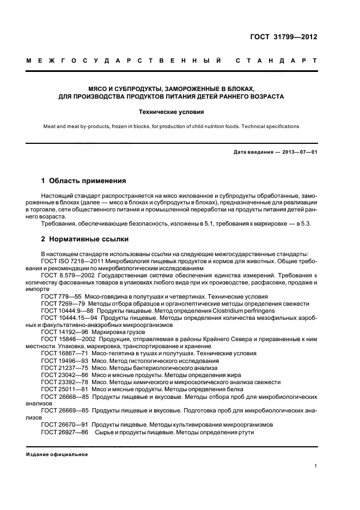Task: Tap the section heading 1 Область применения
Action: coord(84,180)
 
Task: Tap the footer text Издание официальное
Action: coord(57,454)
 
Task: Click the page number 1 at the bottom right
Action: coord(316,466)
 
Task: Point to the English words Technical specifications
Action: coord(272,126)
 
